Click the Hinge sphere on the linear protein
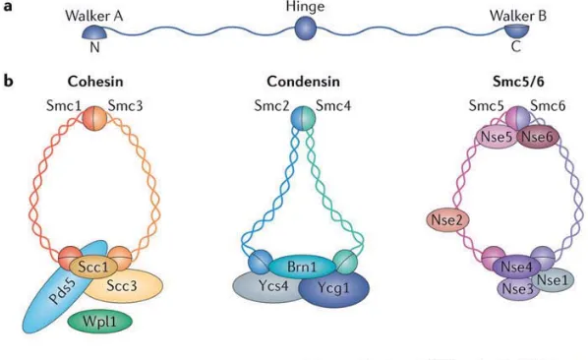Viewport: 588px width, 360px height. coord(306,29)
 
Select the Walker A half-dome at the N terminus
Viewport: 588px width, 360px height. coord(94,32)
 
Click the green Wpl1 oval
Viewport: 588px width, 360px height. coord(100,322)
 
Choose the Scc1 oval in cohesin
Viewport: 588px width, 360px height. coord(93,267)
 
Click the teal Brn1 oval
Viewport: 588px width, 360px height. coord(302,267)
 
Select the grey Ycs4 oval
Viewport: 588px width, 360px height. coord(268,287)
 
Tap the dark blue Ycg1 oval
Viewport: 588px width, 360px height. coord(333,288)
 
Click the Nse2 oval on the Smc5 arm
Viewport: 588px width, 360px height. coord(447,219)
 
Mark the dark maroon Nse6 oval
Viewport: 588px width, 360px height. coord(538,137)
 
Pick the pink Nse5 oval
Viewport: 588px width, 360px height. coord(497,137)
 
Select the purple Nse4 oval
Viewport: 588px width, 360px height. coord(516,267)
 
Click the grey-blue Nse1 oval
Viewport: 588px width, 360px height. coord(553,279)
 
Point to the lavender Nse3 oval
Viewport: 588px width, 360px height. coord(517,289)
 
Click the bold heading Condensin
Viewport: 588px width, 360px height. coord(304,82)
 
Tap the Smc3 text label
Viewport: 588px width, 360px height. coord(125,106)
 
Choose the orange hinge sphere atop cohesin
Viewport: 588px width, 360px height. coord(94,118)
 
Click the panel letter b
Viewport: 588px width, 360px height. coord(9,81)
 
